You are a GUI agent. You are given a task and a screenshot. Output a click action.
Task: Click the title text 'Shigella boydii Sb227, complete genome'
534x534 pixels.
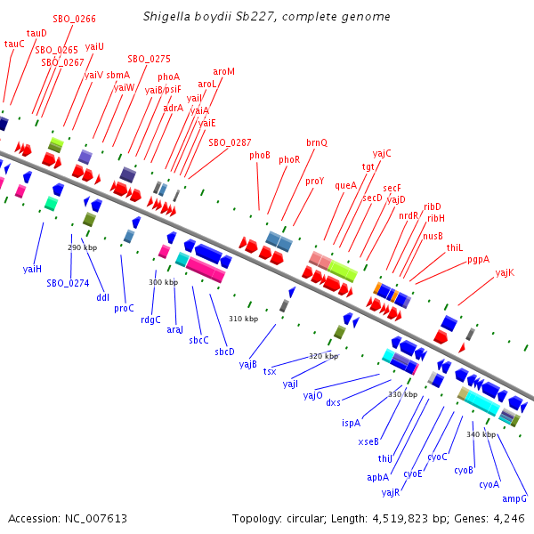tap(266, 17)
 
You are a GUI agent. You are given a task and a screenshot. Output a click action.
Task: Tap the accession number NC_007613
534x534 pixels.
tap(93, 518)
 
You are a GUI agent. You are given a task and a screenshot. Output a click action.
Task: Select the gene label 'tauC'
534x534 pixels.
tap(14, 44)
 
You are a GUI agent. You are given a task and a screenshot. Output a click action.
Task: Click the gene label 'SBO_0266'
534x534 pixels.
tap(75, 18)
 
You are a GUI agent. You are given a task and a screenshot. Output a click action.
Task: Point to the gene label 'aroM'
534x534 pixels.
tap(224, 71)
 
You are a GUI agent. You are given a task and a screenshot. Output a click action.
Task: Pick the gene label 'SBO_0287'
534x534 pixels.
tap(230, 142)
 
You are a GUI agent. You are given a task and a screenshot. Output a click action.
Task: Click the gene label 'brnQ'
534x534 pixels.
tap(317, 142)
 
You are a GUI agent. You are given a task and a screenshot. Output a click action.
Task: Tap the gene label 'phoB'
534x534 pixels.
tap(260, 155)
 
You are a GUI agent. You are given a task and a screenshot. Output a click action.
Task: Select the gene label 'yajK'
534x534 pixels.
tap(505, 272)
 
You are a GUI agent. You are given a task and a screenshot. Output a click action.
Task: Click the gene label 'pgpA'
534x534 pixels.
tap(478, 260)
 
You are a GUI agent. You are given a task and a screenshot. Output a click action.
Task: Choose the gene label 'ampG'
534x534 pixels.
tap(514, 498)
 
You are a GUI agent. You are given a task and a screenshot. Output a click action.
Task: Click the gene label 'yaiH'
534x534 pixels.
tap(32, 268)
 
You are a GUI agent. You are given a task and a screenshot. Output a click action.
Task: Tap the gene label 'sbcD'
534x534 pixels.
tap(224, 352)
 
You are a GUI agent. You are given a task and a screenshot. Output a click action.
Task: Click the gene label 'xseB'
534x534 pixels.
tap(368, 441)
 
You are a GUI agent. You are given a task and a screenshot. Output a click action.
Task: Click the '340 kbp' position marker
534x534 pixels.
tap(481, 434)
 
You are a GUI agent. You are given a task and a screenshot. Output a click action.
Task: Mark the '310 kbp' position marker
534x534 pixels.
tap(243, 319)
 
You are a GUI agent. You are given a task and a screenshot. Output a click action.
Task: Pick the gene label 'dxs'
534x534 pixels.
tap(334, 403)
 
